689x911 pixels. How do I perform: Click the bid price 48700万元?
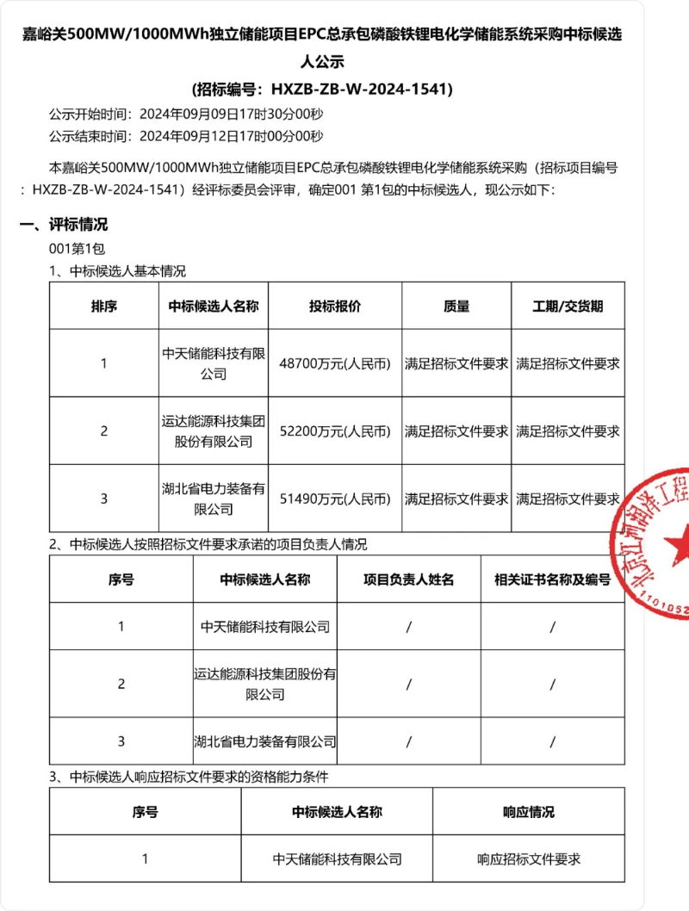click(x=334, y=363)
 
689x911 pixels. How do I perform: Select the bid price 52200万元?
click(x=334, y=431)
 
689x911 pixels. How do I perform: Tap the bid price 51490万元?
click(x=334, y=499)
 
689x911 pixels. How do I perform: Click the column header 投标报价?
click(x=334, y=307)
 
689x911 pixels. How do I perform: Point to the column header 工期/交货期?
click(x=568, y=307)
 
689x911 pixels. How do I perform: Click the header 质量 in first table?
click(x=456, y=307)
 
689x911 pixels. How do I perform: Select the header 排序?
click(x=104, y=307)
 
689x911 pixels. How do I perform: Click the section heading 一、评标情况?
click(x=65, y=225)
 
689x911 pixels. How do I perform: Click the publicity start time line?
click(x=185, y=114)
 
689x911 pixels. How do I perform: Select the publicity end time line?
click(x=185, y=136)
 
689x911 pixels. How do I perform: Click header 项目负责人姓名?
click(x=408, y=579)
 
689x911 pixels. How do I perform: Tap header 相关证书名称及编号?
click(x=552, y=579)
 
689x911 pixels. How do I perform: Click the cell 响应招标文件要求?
click(x=528, y=858)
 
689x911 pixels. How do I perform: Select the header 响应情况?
click(x=528, y=811)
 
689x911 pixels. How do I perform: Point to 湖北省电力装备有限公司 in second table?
click(x=264, y=741)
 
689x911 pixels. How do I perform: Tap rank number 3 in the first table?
click(x=104, y=499)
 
